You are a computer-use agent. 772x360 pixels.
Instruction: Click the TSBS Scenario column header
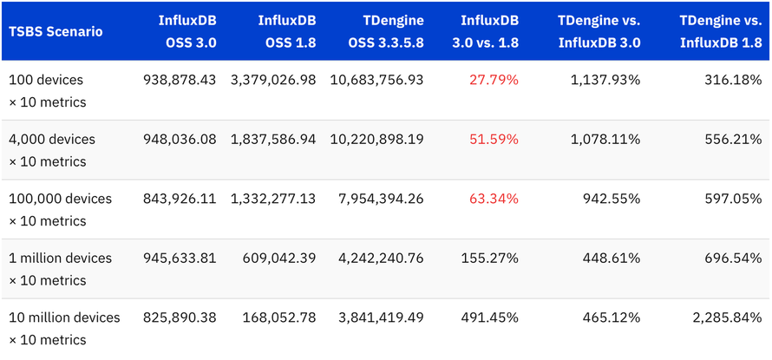pos(56,32)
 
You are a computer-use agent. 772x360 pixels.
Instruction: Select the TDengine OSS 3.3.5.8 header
pos(383,32)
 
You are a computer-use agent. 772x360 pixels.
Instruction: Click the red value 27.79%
pos(494,80)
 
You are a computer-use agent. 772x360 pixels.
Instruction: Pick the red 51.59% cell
pos(494,139)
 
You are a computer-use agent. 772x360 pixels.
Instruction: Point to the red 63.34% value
pos(494,199)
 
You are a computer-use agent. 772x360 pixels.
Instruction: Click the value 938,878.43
pos(180,80)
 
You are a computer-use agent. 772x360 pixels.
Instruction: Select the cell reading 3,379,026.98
pos(273,80)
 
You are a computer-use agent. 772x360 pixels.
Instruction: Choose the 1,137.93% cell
pos(605,80)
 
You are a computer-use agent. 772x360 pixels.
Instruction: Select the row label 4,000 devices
pos(52,139)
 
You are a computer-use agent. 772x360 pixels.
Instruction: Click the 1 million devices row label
pos(60,258)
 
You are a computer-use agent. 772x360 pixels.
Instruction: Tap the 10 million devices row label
pos(64,317)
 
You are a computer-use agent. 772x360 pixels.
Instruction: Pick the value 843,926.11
pos(180,199)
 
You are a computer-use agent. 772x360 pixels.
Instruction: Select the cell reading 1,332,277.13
pos(273,199)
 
